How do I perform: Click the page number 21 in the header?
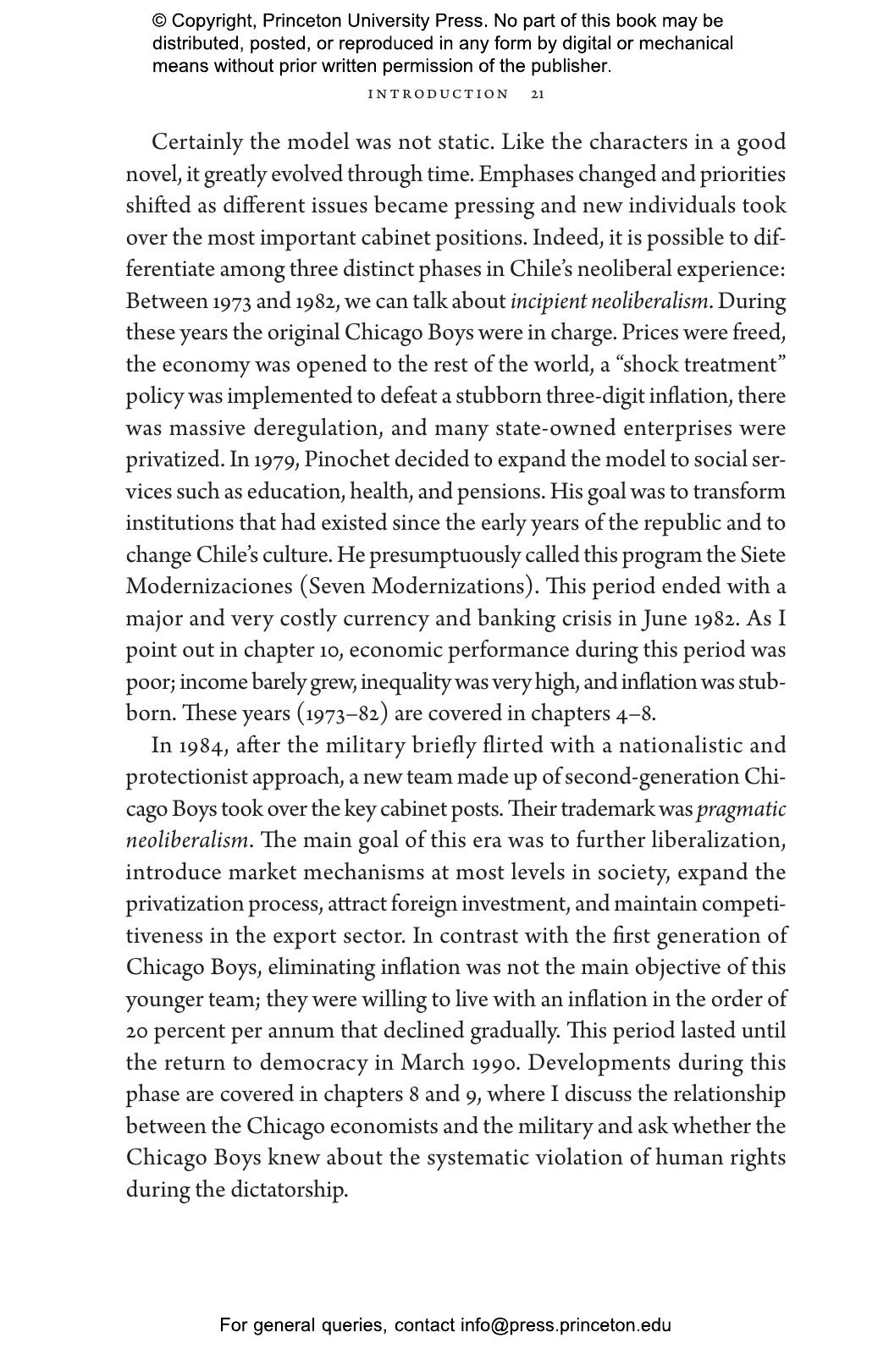click(538, 94)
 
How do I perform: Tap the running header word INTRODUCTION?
click(439, 94)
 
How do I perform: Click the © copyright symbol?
click(159, 21)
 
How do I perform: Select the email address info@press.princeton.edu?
click(566, 1325)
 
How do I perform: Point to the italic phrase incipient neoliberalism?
click(609, 301)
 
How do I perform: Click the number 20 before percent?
click(137, 1032)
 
